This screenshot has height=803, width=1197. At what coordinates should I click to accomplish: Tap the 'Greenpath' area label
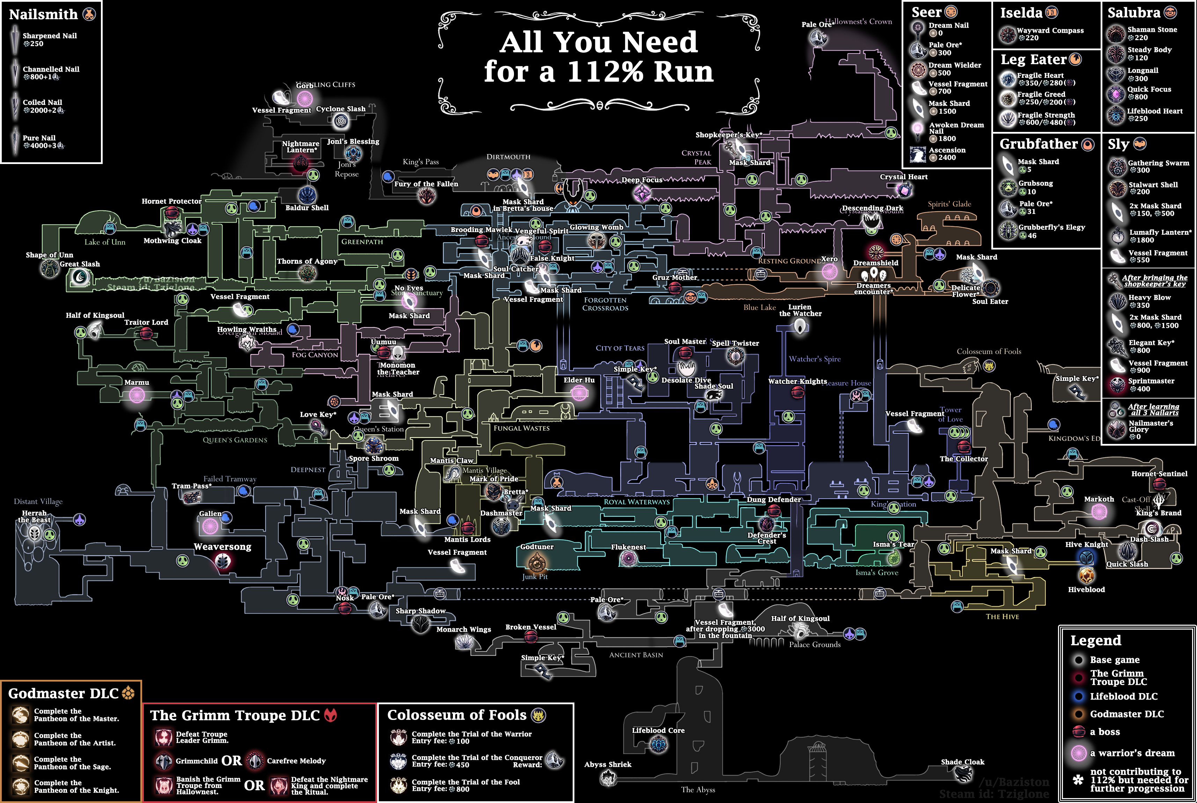pos(362,242)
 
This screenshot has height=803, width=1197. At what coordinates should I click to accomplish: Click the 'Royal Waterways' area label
pos(637,502)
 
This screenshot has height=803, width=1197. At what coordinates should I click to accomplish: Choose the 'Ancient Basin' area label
pos(636,655)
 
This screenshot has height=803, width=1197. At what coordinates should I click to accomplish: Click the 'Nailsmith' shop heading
pos(44,14)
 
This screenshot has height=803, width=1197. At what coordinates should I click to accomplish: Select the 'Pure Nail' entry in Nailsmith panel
pos(39,138)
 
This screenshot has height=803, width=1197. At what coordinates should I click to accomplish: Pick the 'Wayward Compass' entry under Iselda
pos(1050,31)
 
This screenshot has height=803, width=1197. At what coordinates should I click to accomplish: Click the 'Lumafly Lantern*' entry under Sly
pos(1160,232)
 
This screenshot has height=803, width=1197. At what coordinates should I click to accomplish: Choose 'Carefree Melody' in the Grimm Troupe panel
pos(296,761)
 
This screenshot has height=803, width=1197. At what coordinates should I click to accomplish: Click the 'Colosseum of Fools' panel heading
pos(457,715)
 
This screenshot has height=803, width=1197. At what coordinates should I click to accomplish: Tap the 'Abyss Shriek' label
pos(608,765)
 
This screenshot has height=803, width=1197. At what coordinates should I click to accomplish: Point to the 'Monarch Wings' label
pos(463,630)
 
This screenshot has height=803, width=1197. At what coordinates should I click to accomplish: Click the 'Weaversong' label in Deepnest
pos(222,547)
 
